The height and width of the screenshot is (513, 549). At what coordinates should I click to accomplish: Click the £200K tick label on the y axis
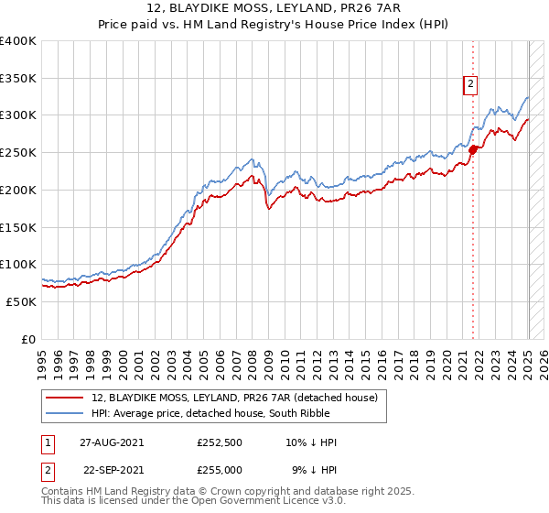point(18,190)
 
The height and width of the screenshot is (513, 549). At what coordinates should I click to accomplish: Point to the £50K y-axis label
point(21,301)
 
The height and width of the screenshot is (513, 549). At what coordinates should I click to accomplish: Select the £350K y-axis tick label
point(18,79)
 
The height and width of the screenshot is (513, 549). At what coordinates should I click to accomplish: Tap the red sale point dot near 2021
point(473,149)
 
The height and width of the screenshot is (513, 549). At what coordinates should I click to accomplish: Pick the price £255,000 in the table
point(220,469)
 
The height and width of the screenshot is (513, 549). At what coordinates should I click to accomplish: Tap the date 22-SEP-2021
point(113,469)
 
